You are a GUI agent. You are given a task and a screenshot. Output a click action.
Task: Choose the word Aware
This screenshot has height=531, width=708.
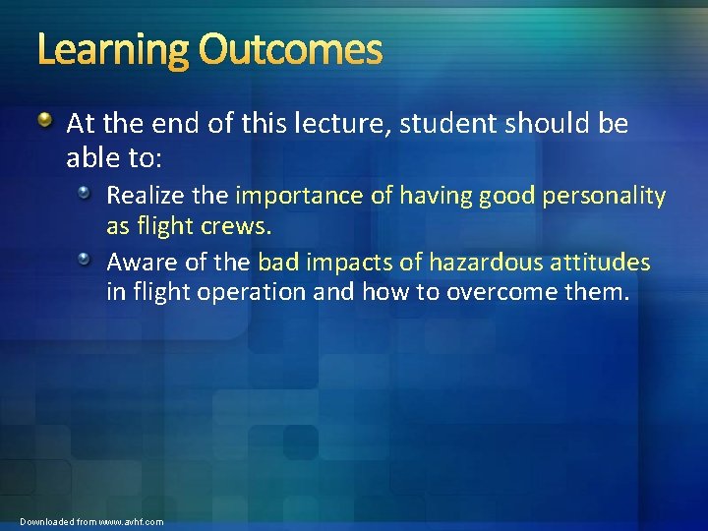(139, 264)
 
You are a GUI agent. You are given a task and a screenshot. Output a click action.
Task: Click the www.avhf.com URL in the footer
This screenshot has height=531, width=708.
(131, 521)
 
